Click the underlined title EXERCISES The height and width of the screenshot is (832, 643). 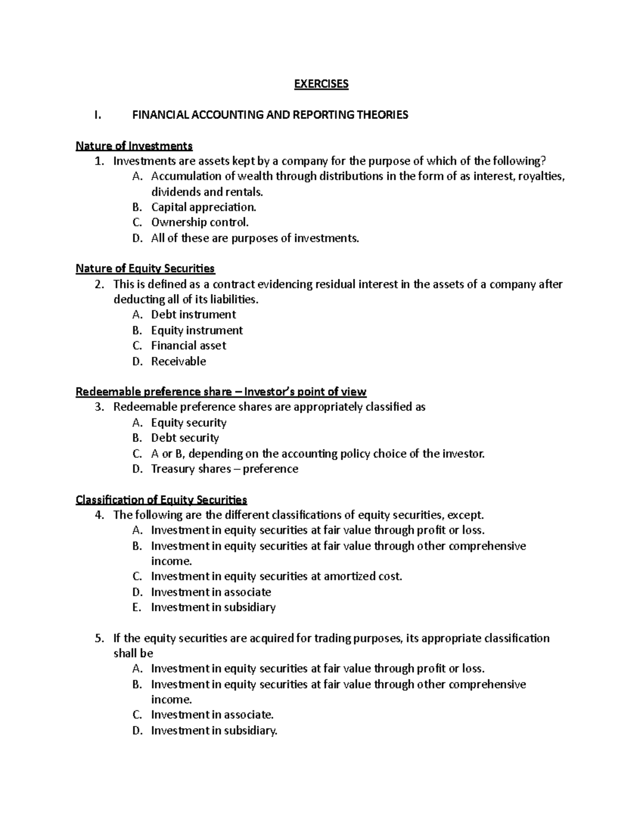pos(322,84)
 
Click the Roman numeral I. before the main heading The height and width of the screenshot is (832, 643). pos(96,115)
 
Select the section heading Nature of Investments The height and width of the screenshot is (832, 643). pos(134,146)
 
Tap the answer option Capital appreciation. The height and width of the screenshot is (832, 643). pos(204,207)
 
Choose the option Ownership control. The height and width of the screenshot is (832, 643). pos(200,222)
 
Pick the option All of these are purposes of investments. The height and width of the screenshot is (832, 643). pos(255,238)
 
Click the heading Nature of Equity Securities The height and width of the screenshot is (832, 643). pos(145,268)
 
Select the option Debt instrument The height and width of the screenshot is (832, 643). pos(193,314)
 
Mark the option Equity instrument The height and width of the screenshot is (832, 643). pos(197,330)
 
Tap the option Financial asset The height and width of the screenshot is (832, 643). pos(189,346)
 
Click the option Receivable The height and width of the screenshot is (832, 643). pos(178,361)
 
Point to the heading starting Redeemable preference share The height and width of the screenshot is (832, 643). pos(221,392)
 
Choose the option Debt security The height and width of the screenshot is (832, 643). pos(185,438)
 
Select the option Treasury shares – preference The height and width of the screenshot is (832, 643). pos(225,469)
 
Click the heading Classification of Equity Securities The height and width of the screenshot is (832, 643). pos(161,500)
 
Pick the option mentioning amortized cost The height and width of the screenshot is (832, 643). pos(276,576)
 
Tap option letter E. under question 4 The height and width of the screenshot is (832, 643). pos(137,608)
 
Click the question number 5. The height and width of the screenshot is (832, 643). pos(98,638)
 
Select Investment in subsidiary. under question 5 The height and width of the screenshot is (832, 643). pos(214,730)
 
